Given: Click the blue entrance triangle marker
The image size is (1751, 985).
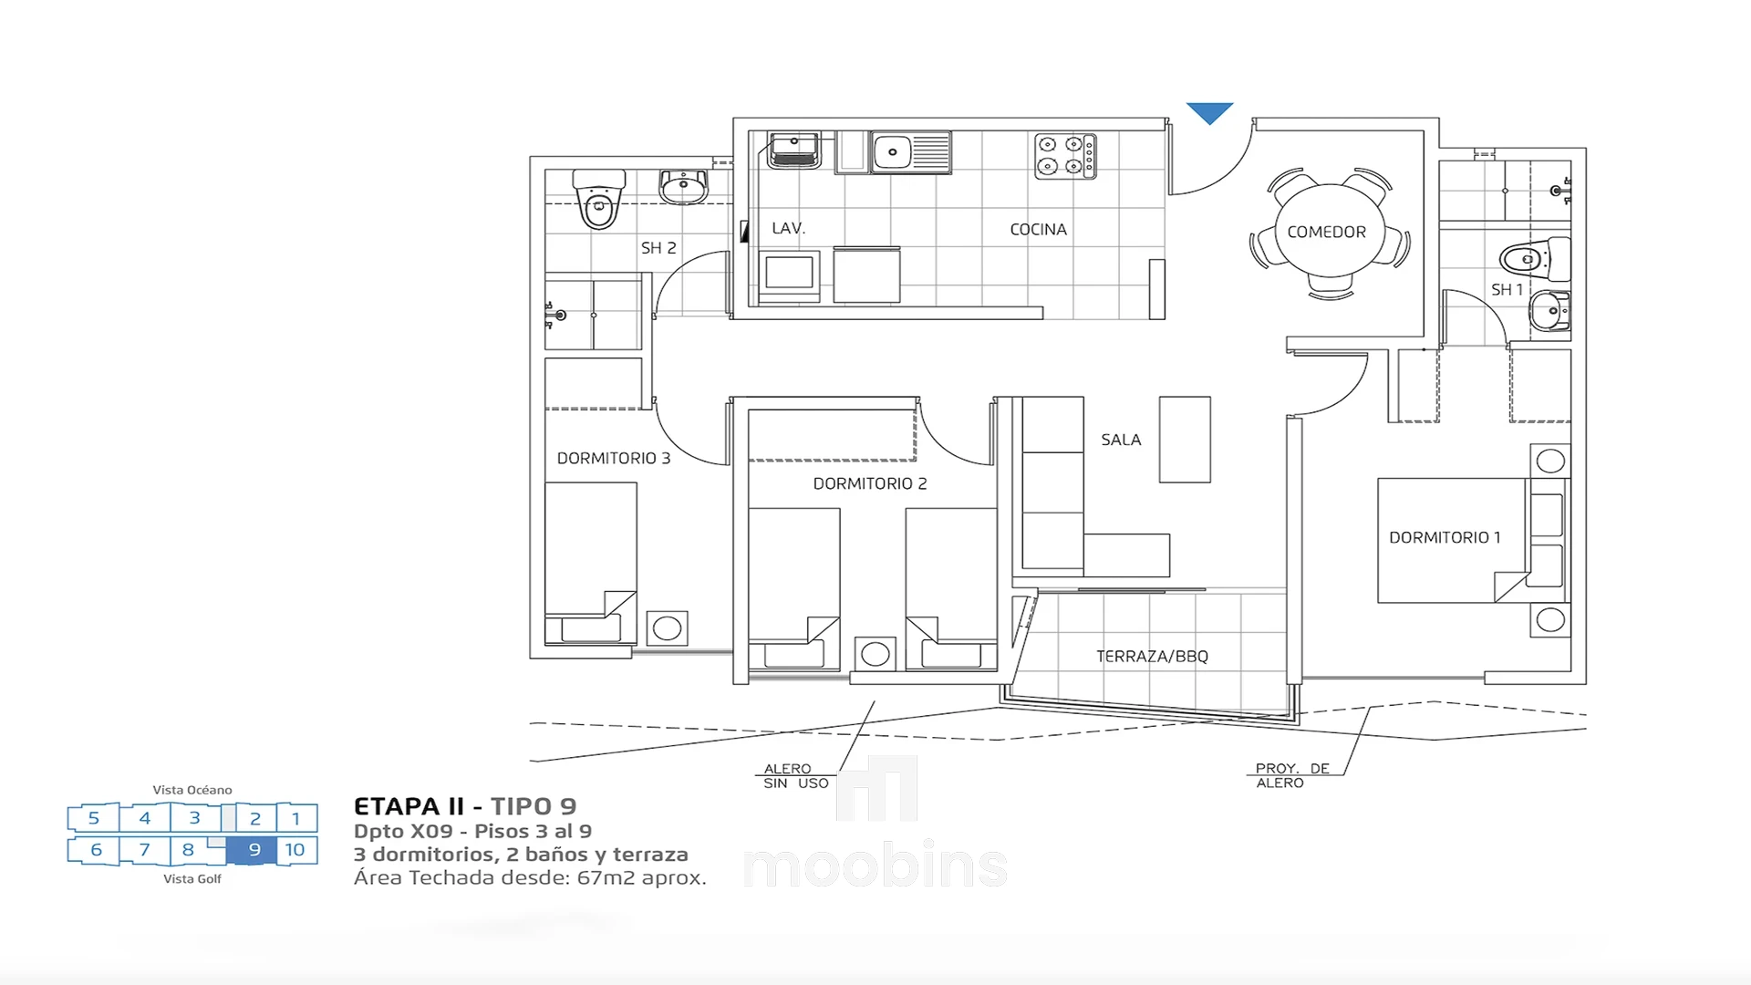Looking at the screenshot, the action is [x=1209, y=111].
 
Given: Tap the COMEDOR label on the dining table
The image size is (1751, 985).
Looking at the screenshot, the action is [x=1326, y=233].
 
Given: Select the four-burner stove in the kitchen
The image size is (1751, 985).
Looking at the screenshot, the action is [x=1065, y=155].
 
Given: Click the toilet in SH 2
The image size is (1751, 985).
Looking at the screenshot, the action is [x=598, y=199].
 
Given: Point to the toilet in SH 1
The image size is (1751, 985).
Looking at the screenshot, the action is [x=1536, y=259].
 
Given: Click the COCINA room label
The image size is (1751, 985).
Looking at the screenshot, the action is [x=1038, y=230].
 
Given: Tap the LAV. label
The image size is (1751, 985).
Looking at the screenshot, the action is [x=788, y=228].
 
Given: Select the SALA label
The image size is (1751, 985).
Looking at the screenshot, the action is [x=1121, y=440].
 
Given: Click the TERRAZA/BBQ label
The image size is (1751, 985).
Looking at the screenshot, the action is [x=1152, y=657].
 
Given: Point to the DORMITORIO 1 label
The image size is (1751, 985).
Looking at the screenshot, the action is [x=1445, y=538].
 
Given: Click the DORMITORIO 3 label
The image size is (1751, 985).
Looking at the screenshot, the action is [x=613, y=458].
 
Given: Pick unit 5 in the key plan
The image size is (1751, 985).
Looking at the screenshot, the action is [x=94, y=818].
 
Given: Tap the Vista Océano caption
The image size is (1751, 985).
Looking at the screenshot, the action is [x=192, y=790].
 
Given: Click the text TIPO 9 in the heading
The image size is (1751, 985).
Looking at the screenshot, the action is [x=534, y=806].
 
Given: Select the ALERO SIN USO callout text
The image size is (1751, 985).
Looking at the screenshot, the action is [x=796, y=776].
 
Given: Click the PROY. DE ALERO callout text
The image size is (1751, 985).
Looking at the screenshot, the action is [x=1292, y=775].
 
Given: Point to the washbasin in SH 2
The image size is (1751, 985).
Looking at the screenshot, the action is [x=683, y=187].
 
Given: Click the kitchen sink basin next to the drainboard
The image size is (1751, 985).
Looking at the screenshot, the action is [x=893, y=152].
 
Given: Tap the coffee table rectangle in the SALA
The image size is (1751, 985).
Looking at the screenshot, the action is [x=1185, y=440].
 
